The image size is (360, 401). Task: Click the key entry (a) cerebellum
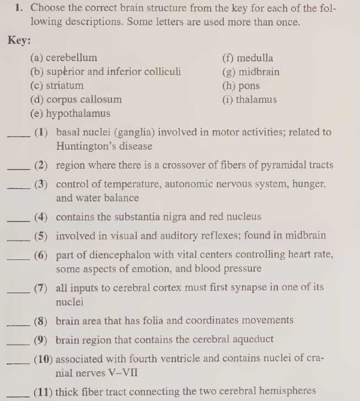(63, 58)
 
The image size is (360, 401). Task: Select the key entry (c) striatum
(57, 85)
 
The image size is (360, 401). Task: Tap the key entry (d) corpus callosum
(76, 100)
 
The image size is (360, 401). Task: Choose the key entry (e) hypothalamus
(70, 114)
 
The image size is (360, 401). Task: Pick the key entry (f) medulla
(247, 58)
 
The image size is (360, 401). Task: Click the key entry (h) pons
(241, 85)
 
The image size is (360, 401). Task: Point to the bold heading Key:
(20, 41)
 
